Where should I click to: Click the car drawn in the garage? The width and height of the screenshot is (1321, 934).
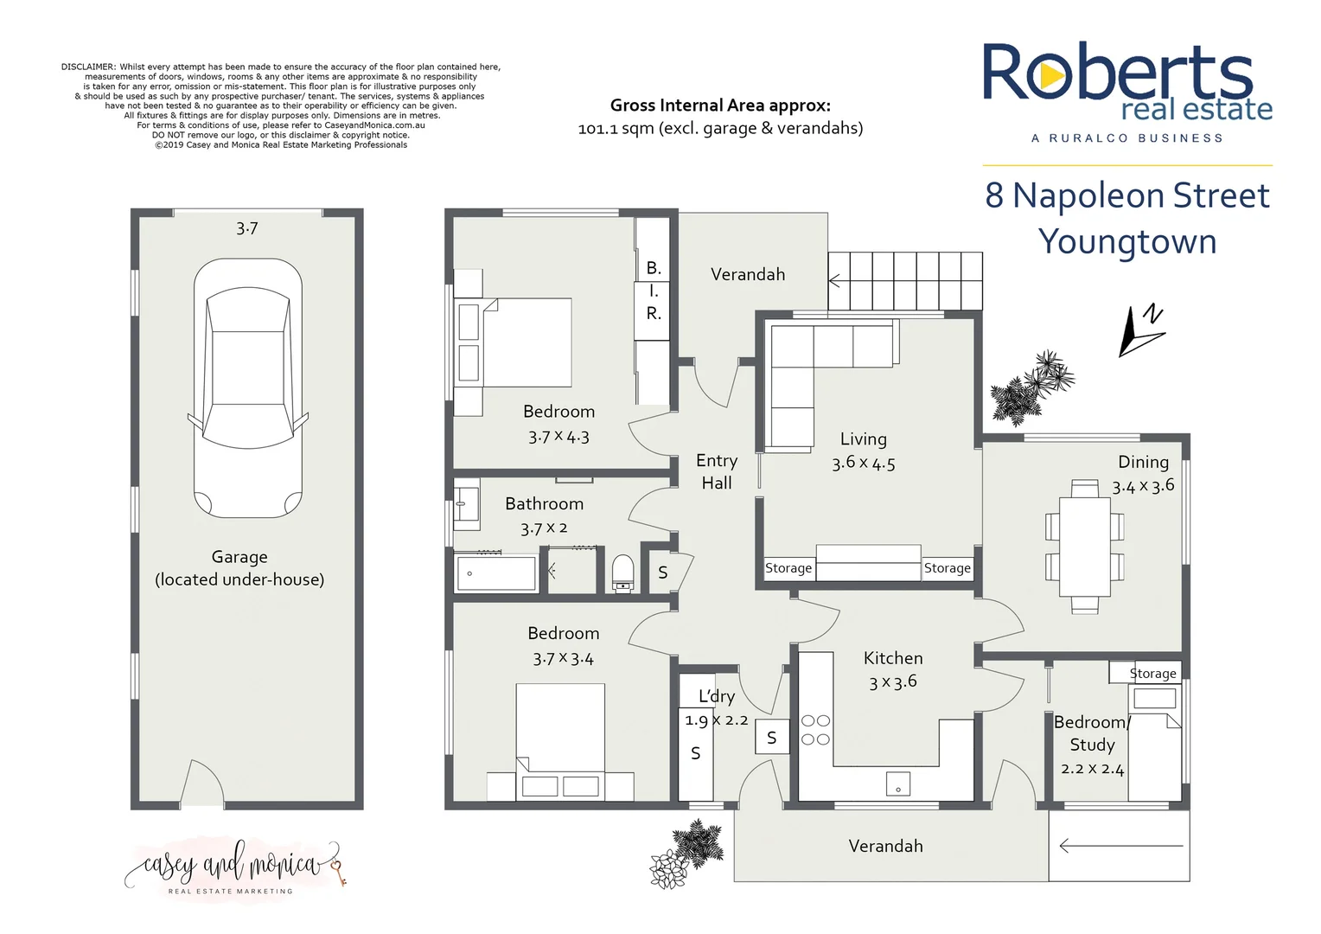247,389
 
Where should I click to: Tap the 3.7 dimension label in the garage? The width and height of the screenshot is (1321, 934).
247,228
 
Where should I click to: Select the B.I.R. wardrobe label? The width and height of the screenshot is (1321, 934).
654,291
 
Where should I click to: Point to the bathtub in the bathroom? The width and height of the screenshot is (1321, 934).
495,573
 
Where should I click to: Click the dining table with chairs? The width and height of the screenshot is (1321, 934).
1084,547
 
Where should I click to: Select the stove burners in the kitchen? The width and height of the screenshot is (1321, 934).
815,730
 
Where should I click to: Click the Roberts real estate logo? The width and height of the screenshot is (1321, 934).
1126,86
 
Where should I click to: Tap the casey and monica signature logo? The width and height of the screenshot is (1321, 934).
233,865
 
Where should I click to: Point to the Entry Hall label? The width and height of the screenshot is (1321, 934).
717,471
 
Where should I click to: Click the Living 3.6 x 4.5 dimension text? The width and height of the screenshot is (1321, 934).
864,463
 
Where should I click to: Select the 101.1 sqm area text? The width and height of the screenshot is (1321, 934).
720,128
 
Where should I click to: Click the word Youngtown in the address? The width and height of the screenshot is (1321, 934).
1127,241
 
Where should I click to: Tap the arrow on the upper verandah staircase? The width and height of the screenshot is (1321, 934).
835,281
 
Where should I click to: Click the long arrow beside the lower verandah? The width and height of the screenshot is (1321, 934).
1120,846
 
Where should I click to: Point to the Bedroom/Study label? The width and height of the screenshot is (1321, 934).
1092,733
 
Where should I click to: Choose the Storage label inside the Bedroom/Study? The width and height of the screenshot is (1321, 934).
1152,673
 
